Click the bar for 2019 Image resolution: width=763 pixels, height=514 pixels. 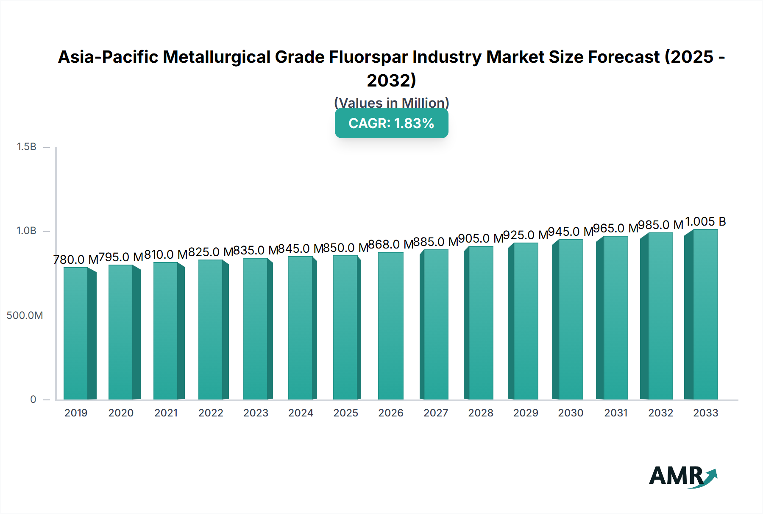click(x=76, y=333)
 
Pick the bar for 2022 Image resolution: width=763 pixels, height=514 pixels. click(x=211, y=330)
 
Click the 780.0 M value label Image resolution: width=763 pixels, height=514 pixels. click(x=75, y=260)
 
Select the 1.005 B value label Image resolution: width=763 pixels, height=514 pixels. click(x=705, y=221)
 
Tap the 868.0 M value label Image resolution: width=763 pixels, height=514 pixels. click(x=390, y=244)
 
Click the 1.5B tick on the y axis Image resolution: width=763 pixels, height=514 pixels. click(x=26, y=147)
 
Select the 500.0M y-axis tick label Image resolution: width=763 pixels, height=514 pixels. click(x=25, y=315)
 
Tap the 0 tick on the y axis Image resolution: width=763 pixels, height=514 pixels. click(x=33, y=399)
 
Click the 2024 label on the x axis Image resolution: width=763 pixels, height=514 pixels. click(x=301, y=413)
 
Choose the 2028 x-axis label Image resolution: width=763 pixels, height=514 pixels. click(x=481, y=413)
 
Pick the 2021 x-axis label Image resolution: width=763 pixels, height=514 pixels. click(x=166, y=413)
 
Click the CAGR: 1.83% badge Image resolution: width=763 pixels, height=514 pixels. click(x=391, y=123)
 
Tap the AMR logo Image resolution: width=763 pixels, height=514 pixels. click(x=682, y=476)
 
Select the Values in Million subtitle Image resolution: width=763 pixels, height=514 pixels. click(x=391, y=103)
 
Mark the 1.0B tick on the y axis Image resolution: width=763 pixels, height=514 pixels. click(x=26, y=231)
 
